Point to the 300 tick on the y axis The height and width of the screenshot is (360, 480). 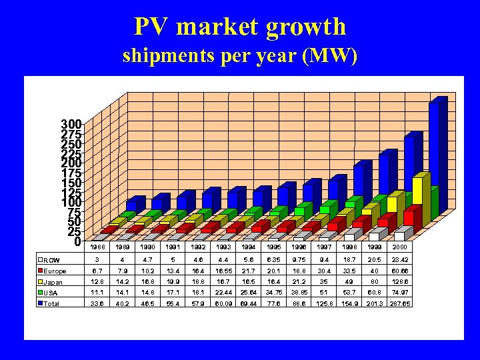point(71,125)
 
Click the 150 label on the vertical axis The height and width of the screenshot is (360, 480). point(71,183)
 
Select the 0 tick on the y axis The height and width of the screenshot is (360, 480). point(78,241)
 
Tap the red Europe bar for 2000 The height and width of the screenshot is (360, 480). point(409,218)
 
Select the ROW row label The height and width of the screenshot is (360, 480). point(51,260)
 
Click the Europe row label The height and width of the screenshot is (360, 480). point(55,271)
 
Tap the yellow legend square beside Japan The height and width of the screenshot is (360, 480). point(41,281)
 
